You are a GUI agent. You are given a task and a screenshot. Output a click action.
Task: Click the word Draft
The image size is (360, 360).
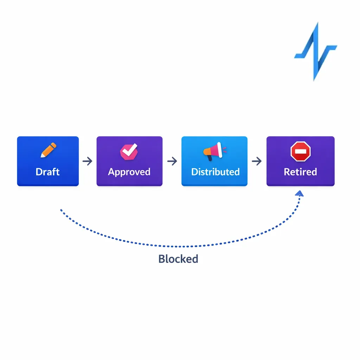[x=48, y=172]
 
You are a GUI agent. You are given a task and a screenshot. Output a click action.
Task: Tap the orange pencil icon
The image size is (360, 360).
[x=48, y=150]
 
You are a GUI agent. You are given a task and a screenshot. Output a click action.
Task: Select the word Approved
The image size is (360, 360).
[x=129, y=172]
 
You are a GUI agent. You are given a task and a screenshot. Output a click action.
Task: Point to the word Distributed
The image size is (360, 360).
[x=215, y=172]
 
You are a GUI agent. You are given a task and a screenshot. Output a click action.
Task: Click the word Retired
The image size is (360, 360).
[x=300, y=172]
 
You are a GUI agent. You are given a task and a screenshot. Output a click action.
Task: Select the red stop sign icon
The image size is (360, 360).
[x=301, y=152]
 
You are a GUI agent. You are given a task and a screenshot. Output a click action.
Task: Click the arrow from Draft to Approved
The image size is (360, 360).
[x=88, y=161]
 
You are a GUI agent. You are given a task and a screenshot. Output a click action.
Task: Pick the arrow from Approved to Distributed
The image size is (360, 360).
[x=172, y=161]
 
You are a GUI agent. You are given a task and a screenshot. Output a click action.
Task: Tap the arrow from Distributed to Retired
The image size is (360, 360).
[x=257, y=161]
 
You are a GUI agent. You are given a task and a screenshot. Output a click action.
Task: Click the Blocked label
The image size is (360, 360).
[x=178, y=259]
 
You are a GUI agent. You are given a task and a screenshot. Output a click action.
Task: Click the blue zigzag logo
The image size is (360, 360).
[x=315, y=51]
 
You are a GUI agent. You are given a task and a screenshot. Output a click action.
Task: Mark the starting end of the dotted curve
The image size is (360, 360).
[x=61, y=210]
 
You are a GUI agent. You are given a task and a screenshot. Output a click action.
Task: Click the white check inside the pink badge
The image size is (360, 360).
[x=129, y=150]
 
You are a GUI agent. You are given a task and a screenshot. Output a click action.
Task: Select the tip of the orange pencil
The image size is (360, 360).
[x=42, y=156]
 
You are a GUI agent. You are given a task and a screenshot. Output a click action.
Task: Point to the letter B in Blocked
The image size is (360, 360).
[x=162, y=259]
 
